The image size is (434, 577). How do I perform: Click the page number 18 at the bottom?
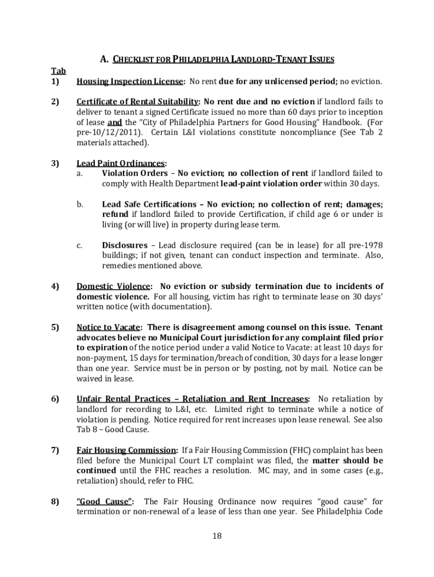pos(217,536)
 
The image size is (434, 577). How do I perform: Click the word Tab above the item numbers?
pos(59,71)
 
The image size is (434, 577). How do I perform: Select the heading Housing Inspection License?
pos(130,82)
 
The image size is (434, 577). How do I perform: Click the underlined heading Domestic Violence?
pos(113,286)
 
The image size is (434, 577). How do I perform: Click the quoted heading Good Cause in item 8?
pos(105,501)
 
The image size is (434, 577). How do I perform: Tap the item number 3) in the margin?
pos(55,163)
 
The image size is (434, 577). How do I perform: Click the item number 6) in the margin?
pos(55,399)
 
